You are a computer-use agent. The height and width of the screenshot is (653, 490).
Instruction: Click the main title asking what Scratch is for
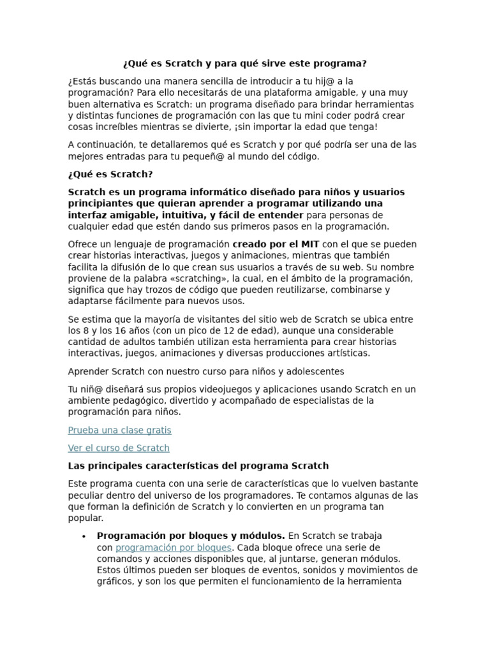point(244,64)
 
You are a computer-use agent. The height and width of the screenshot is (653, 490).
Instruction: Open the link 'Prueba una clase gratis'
point(119,430)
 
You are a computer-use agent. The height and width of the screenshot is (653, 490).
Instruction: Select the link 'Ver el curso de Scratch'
point(119,448)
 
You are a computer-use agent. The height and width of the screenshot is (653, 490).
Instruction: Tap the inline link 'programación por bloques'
point(174,548)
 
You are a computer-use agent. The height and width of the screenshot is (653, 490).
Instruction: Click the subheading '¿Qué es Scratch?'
point(110,174)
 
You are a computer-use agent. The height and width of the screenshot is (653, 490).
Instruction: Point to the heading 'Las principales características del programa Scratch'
point(198,466)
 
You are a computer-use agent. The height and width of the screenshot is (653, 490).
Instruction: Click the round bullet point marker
point(84,536)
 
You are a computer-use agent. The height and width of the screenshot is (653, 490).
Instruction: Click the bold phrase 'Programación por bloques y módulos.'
point(191,536)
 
